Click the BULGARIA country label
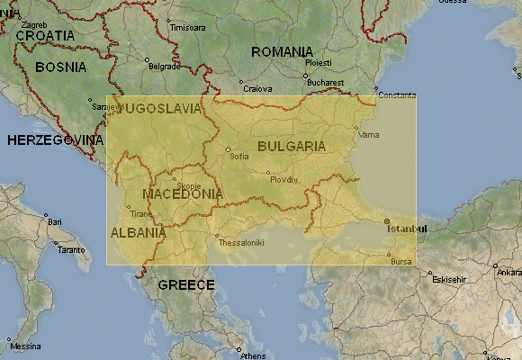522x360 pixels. [291, 146]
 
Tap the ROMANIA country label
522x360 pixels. [282, 52]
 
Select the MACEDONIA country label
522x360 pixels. [183, 193]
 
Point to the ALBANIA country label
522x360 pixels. [138, 232]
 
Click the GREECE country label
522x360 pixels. [186, 285]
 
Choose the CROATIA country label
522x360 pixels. [45, 35]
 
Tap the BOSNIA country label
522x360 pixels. [60, 67]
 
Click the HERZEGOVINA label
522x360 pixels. [56, 140]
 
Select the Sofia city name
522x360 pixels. [239, 156]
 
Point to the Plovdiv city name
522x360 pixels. [283, 179]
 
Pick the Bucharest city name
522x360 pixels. [326, 82]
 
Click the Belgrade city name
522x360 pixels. [165, 67]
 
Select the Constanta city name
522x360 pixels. [397, 94]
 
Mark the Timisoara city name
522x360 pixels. [188, 28]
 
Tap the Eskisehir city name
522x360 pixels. [451, 279]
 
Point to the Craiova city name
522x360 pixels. [257, 89]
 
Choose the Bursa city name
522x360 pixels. [401, 261]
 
